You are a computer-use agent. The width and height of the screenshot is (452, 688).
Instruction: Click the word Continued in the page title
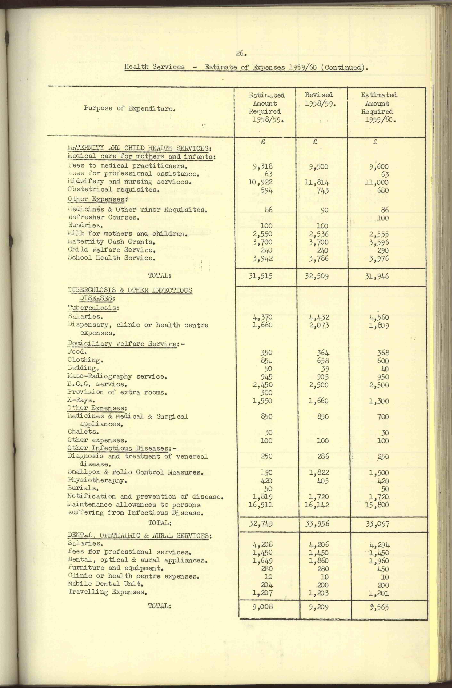[343, 67]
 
